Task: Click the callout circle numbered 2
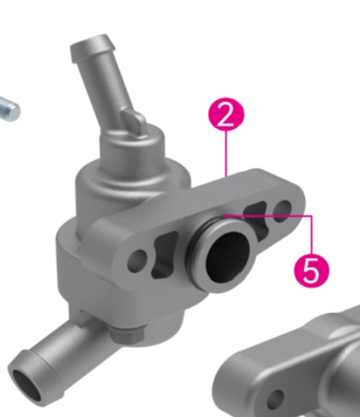(226, 114)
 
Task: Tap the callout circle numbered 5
(311, 271)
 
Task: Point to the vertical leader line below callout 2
(226, 154)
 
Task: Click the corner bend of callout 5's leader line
(311, 216)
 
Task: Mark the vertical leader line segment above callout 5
(311, 235)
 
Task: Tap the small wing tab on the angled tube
(134, 122)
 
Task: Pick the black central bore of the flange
(228, 256)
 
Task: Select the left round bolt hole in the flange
(137, 261)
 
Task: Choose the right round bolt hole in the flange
(283, 211)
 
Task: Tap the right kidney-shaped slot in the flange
(256, 217)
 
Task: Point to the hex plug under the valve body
(127, 334)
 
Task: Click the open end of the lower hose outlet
(27, 385)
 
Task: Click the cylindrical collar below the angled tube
(132, 152)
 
